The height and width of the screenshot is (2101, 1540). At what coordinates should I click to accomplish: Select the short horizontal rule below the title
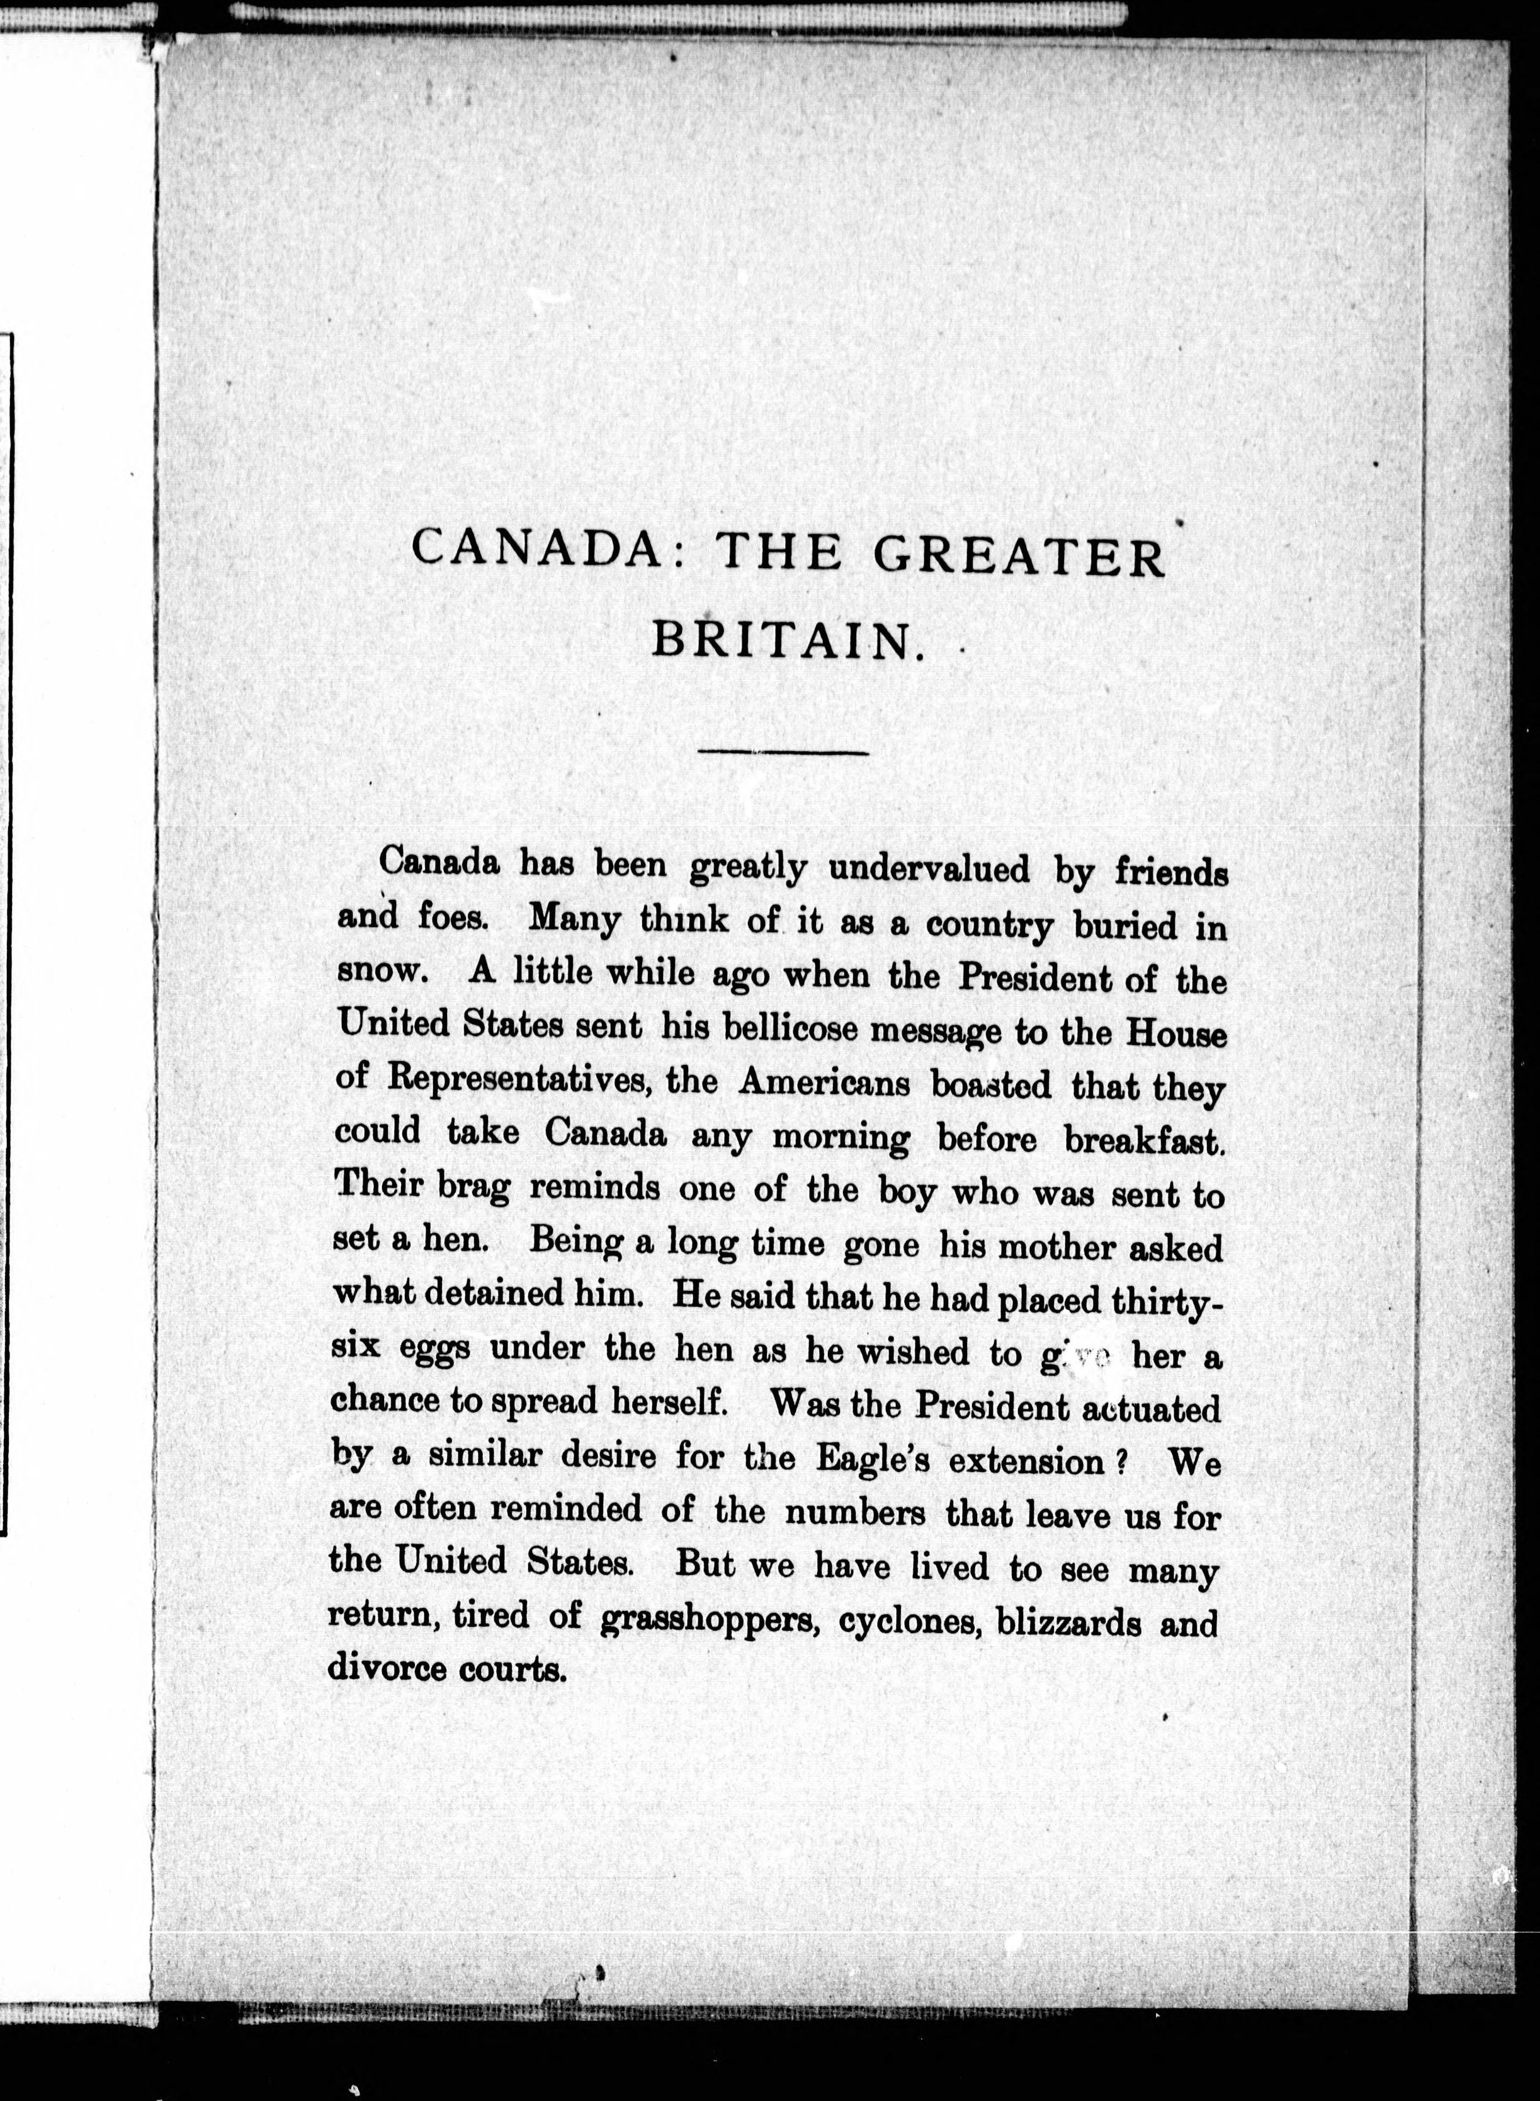pyautogui.click(x=783, y=751)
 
